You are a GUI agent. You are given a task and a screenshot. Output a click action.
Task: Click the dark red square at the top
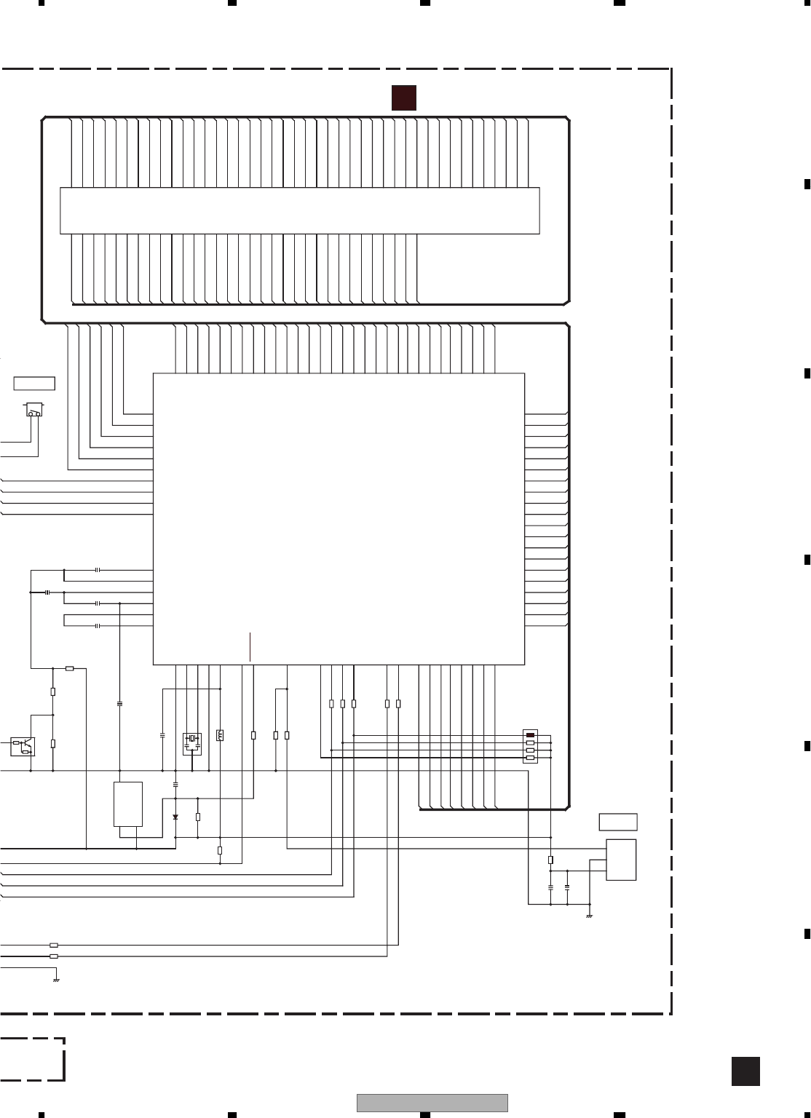pos(403,98)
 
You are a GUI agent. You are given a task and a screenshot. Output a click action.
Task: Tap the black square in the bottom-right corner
pos(745,1071)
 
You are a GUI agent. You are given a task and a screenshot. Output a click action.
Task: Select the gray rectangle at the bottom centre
pos(432,1103)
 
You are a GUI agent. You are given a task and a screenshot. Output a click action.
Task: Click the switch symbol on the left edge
pos(33,410)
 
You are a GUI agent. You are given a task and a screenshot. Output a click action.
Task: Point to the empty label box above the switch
pos(34,384)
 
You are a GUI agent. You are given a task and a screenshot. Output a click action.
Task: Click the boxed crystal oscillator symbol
pos(191,743)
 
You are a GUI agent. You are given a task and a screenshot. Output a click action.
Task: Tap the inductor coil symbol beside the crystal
pos(220,735)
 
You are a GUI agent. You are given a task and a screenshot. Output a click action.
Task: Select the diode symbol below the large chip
pos(175,817)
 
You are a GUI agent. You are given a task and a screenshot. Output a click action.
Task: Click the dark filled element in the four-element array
pos(530,735)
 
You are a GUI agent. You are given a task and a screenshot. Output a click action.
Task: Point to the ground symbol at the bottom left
pos(56,980)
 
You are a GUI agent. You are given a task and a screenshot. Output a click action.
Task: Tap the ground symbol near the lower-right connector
pos(589,916)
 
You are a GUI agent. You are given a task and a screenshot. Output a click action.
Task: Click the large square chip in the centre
pos(339,518)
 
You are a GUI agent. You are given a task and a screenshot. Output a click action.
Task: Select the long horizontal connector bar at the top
pos(299,210)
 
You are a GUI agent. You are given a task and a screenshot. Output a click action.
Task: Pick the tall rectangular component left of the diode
pos(128,804)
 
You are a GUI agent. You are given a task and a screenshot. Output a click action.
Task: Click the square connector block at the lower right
pos(621,860)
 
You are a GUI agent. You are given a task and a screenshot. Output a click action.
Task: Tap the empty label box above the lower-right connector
pos(618,822)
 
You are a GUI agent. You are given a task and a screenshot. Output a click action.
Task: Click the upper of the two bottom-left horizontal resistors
pos(54,945)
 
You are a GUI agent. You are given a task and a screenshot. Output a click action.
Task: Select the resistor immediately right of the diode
pos(198,817)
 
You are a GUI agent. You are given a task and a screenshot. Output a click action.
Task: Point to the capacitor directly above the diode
pos(175,785)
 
